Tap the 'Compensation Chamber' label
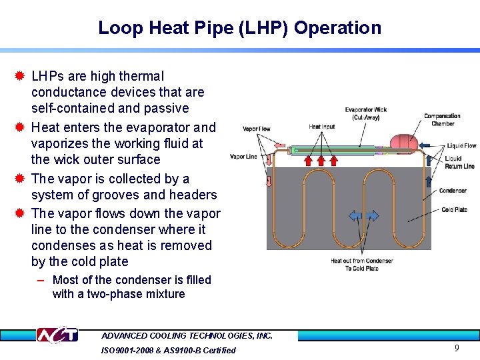[442, 119]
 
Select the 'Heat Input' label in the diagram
[322, 127]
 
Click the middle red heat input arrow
[323, 160]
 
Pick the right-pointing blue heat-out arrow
[372, 216]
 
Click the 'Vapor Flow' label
[257, 129]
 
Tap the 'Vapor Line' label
[243, 157]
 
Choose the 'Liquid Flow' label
[461, 145]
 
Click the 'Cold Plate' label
[454, 210]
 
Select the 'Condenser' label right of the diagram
[453, 191]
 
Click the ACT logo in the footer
[57, 335]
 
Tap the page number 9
[457, 348]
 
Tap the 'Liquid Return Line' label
[459, 162]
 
